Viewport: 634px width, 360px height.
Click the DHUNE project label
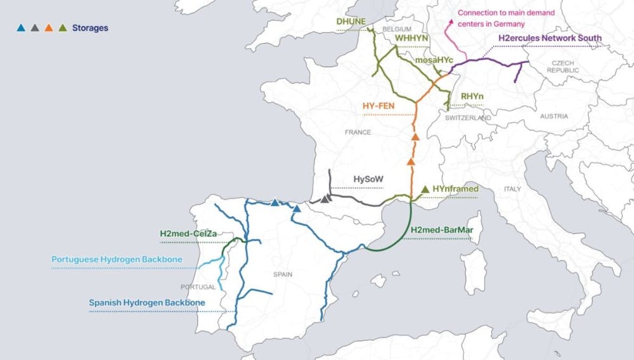pyautogui.click(x=351, y=22)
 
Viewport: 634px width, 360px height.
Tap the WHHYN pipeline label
pyautogui.click(x=412, y=39)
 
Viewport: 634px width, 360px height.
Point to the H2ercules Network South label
pyautogui.click(x=550, y=39)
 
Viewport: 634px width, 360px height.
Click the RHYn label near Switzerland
pyautogui.click(x=472, y=96)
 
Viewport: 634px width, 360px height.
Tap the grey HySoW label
pyautogui.click(x=368, y=180)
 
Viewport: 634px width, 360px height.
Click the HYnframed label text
pyautogui.click(x=456, y=189)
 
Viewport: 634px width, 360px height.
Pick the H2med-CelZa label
pyautogui.click(x=188, y=234)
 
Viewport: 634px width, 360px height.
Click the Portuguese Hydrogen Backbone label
pyautogui.click(x=117, y=259)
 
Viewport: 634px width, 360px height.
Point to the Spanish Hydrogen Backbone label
pyautogui.click(x=147, y=303)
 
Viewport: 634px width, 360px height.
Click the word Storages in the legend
pyautogui.click(x=90, y=28)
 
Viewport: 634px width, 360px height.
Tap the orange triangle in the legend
pyautogui.click(x=48, y=28)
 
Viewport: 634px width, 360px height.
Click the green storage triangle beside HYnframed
pyautogui.click(x=425, y=189)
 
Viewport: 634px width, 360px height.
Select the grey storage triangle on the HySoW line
pyautogui.click(x=325, y=199)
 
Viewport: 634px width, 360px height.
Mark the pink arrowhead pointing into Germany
pyautogui.click(x=451, y=22)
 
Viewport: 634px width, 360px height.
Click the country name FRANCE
pyautogui.click(x=357, y=132)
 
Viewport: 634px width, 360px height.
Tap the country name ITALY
pyautogui.click(x=511, y=190)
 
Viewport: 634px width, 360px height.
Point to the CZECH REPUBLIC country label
pyautogui.click(x=562, y=67)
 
